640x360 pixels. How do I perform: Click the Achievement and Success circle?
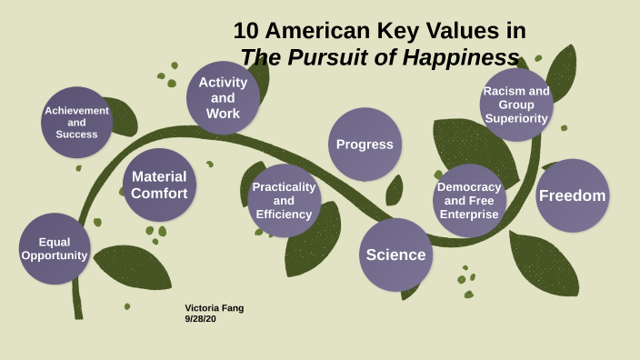coord(76,123)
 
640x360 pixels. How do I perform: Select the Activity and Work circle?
coord(223,97)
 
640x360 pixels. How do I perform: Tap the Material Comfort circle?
coord(159,185)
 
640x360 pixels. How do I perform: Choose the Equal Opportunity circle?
coord(55,248)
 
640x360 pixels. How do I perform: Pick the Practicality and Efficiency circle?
coord(284,200)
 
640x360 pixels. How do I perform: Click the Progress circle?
coord(365,144)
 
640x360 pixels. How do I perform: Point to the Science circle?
coord(395,255)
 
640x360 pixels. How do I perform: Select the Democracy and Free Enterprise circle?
coord(469,200)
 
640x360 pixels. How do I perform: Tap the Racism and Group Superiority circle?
coord(515,105)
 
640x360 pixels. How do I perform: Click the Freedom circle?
coord(572,195)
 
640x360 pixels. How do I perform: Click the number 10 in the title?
coord(245,31)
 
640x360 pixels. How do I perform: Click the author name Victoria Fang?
coord(214,307)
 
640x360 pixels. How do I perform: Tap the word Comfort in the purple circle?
coord(159,194)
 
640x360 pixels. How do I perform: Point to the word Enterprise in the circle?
coord(469,215)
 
